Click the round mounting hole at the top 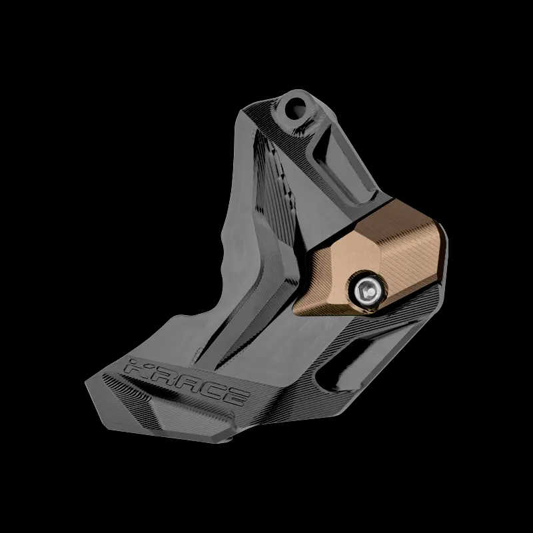click(x=295, y=108)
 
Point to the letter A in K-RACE click(x=185, y=384)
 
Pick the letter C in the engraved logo click(x=210, y=391)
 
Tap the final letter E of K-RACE click(x=234, y=398)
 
